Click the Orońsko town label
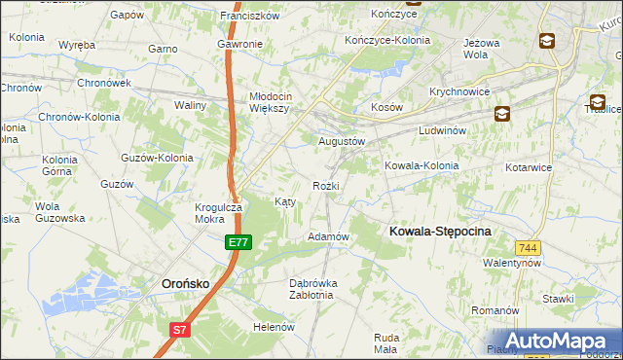pos(181,283)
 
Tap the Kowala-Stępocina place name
pos(440,231)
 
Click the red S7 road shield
pos(180,330)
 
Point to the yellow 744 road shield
pos(529,248)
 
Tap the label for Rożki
pos(325,185)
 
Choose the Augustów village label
pos(342,140)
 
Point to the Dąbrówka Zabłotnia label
pos(313,289)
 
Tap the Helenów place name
pos(274,327)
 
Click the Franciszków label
pos(250,16)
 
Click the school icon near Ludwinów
pos(500,112)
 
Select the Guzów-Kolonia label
pos(156,157)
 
